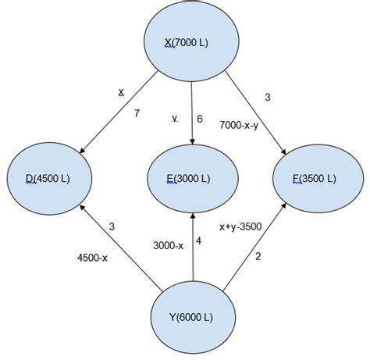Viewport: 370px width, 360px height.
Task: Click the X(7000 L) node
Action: pos(191,39)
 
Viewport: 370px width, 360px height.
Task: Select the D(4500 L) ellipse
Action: pos(48,178)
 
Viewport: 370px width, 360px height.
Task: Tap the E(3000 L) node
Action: pos(191,178)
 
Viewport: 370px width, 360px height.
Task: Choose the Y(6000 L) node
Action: pos(191,316)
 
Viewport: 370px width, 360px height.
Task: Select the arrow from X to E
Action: pos(192,109)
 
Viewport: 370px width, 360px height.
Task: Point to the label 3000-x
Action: pos(169,245)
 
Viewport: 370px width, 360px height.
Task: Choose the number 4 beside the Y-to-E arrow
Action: pos(198,241)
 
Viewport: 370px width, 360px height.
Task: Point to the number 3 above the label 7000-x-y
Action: pos(269,97)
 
